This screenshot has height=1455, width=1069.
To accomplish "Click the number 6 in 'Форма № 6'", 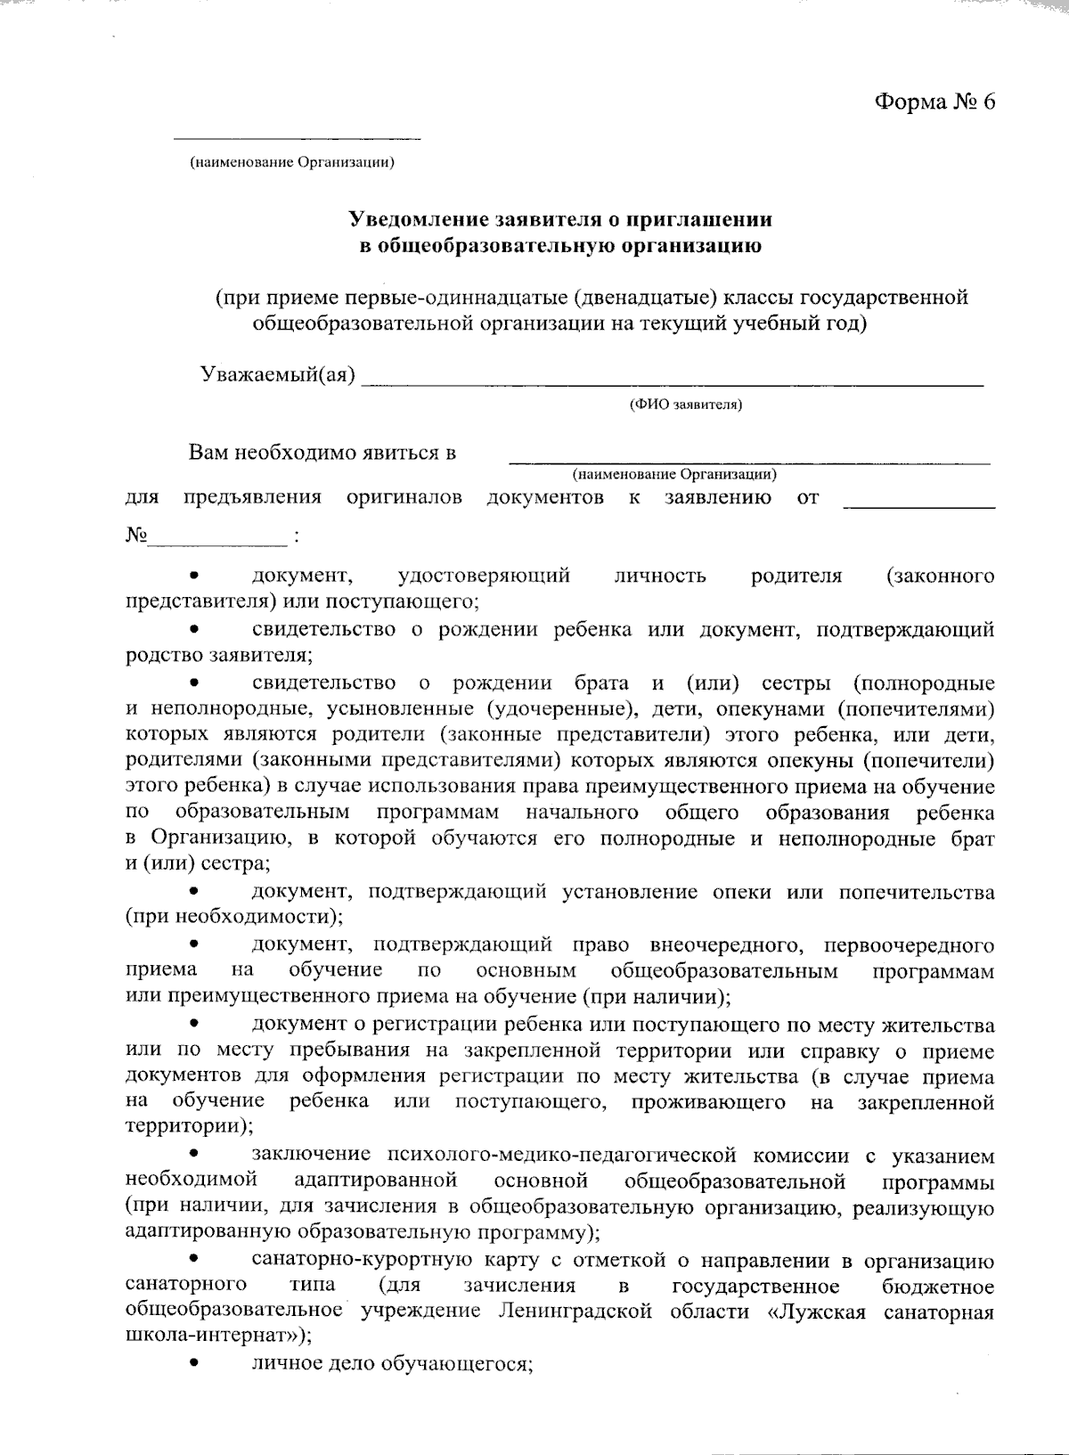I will (x=988, y=102).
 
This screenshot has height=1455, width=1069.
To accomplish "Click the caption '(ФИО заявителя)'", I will (x=686, y=405).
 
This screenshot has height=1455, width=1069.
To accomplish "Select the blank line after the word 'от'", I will (x=918, y=506).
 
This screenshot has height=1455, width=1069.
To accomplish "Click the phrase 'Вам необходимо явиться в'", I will (x=322, y=453).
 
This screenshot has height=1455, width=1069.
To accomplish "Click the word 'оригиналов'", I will (x=404, y=497).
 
